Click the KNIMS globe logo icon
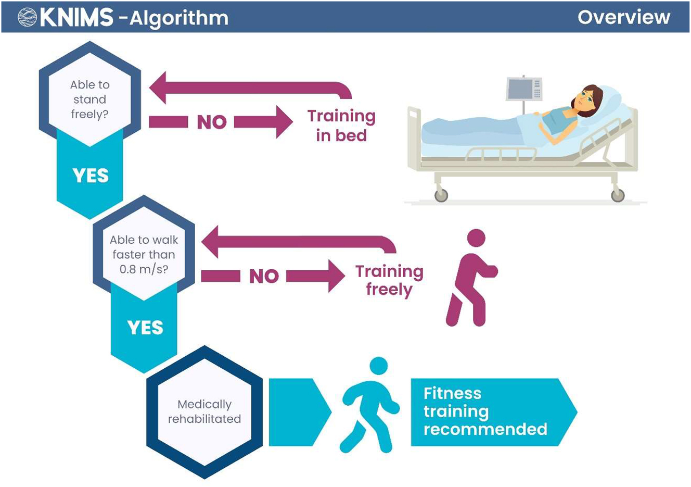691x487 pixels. point(27,17)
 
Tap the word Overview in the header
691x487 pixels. point(623,17)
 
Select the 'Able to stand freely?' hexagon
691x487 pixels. point(89,99)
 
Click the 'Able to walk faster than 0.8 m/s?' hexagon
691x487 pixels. point(144,254)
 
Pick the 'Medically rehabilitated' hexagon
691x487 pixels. point(204,411)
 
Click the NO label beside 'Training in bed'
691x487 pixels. point(212,122)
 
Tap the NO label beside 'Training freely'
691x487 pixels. point(264,276)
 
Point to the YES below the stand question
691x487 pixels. point(91,176)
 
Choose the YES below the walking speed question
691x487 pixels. point(145,328)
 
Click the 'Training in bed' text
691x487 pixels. point(341,126)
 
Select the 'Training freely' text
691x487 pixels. point(389,280)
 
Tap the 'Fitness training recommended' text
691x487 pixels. point(485,411)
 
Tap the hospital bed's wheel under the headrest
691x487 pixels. point(618,195)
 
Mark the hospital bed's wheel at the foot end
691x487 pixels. point(441,195)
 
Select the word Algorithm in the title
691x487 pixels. point(179,18)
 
